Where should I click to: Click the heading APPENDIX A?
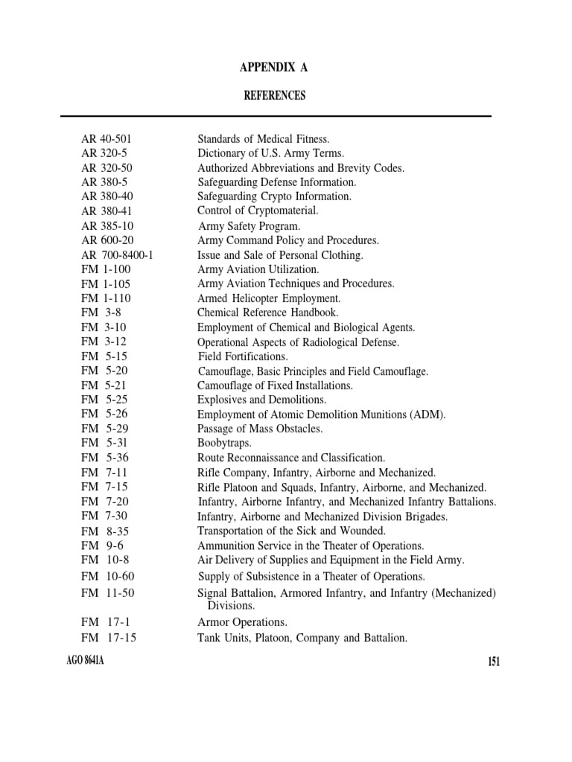(273, 68)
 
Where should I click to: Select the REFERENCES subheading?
(275, 96)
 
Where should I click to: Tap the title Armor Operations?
(242, 622)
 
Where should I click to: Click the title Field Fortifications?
(243, 356)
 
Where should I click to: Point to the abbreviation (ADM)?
(427, 414)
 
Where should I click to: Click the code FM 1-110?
(106, 298)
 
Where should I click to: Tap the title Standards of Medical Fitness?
(263, 139)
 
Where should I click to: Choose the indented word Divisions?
(231, 606)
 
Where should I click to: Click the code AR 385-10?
(107, 225)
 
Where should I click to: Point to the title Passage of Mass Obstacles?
(260, 429)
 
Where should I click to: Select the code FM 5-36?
(105, 458)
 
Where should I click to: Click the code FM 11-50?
(108, 593)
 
